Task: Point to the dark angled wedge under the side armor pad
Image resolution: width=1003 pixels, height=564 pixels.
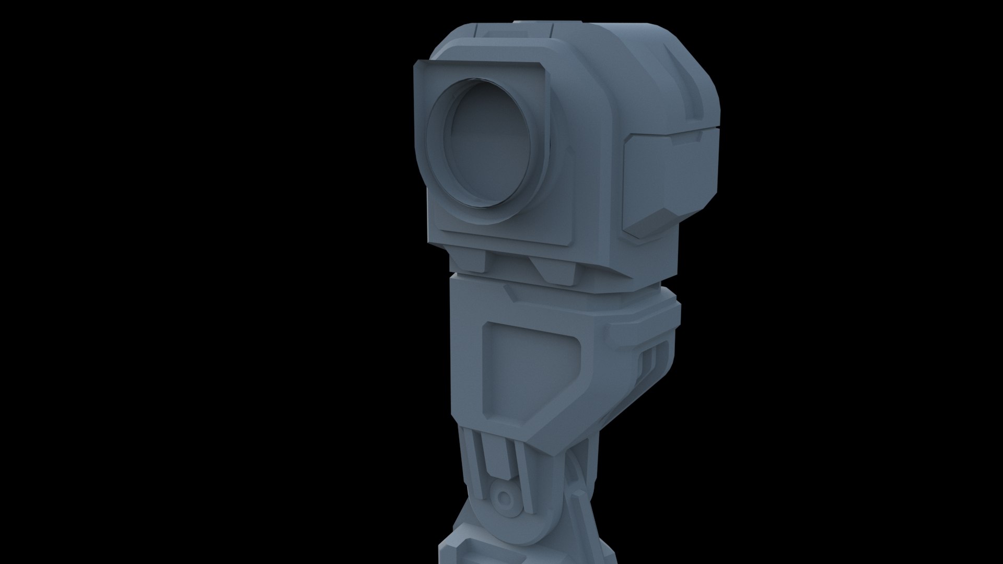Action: pos(653,225)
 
